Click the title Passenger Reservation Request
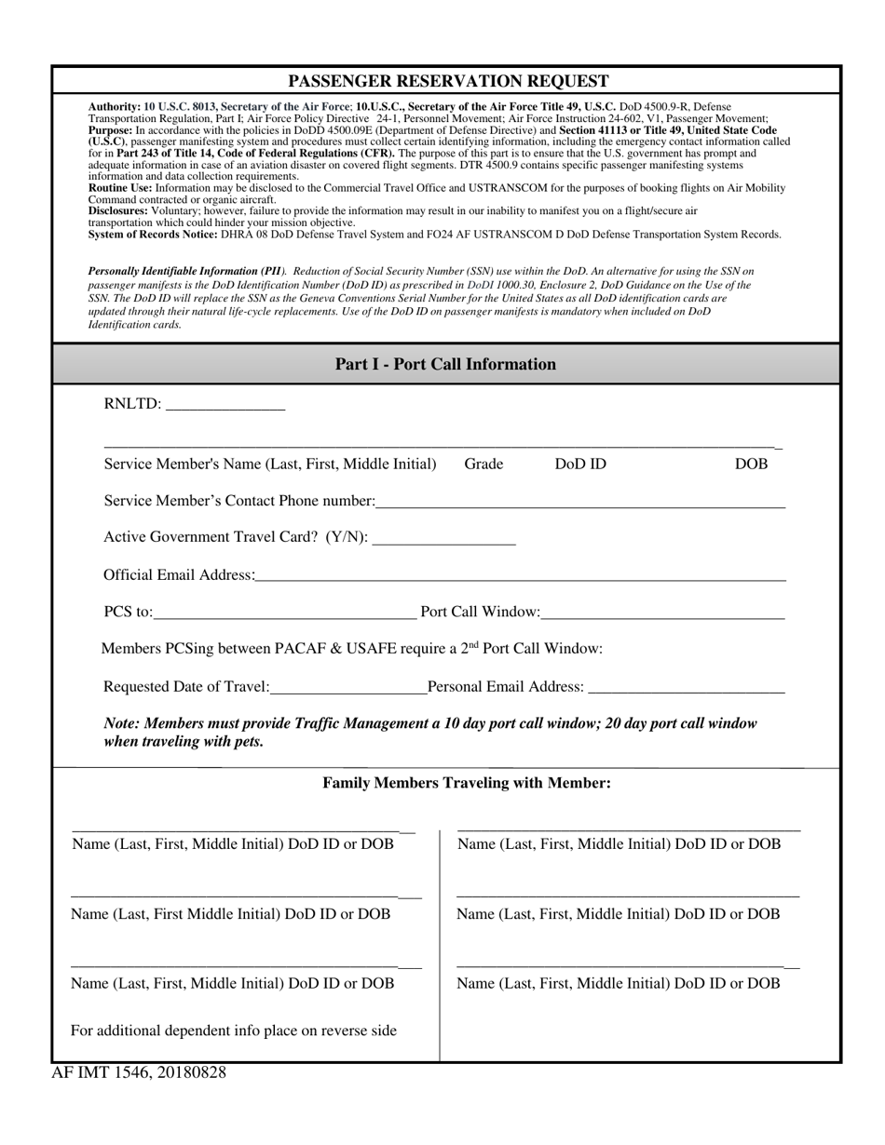(x=448, y=81)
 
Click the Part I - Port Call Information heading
(x=445, y=364)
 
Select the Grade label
(x=483, y=464)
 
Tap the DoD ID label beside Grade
(x=580, y=464)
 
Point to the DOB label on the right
(x=751, y=464)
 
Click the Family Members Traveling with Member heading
(x=467, y=783)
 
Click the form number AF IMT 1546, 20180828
(x=139, y=1072)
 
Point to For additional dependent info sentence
(x=234, y=1030)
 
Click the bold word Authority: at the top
(x=115, y=107)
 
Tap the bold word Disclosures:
(x=118, y=211)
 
